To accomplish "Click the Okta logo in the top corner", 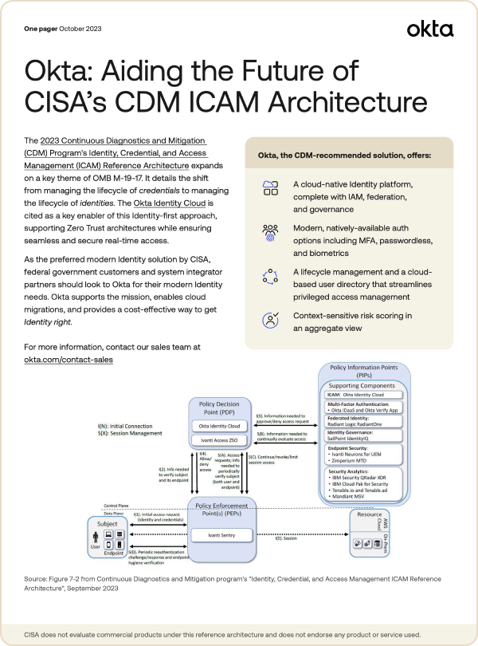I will (x=429, y=30).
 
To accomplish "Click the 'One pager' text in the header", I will (x=41, y=29).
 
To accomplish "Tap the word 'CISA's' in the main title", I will (x=67, y=103).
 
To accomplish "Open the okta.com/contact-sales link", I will (x=69, y=360).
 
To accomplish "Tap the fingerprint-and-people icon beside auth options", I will (x=269, y=232).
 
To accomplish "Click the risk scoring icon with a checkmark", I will (x=269, y=321).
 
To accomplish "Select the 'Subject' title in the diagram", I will (x=107, y=525).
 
